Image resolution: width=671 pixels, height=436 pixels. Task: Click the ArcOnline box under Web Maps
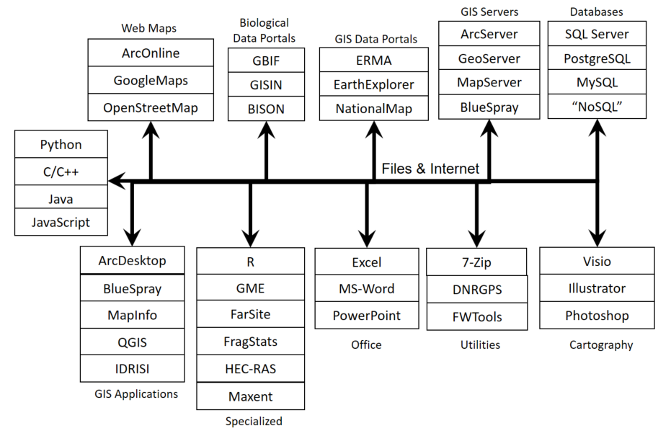(151, 53)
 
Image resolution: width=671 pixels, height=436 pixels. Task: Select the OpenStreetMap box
(151, 107)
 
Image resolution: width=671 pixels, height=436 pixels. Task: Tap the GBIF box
(266, 61)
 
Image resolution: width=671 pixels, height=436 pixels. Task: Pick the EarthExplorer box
(373, 84)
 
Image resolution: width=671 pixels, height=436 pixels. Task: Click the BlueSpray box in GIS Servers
(489, 108)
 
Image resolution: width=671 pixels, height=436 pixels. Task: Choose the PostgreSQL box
(597, 58)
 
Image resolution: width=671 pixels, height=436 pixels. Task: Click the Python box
(61, 144)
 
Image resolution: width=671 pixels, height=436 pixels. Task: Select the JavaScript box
(61, 222)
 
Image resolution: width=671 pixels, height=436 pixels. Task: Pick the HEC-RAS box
(250, 369)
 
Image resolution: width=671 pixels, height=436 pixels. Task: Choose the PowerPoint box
(366, 316)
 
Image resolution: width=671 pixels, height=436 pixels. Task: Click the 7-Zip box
(476, 262)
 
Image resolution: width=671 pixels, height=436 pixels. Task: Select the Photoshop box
(597, 316)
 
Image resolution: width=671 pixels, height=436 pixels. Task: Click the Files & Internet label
(430, 169)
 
